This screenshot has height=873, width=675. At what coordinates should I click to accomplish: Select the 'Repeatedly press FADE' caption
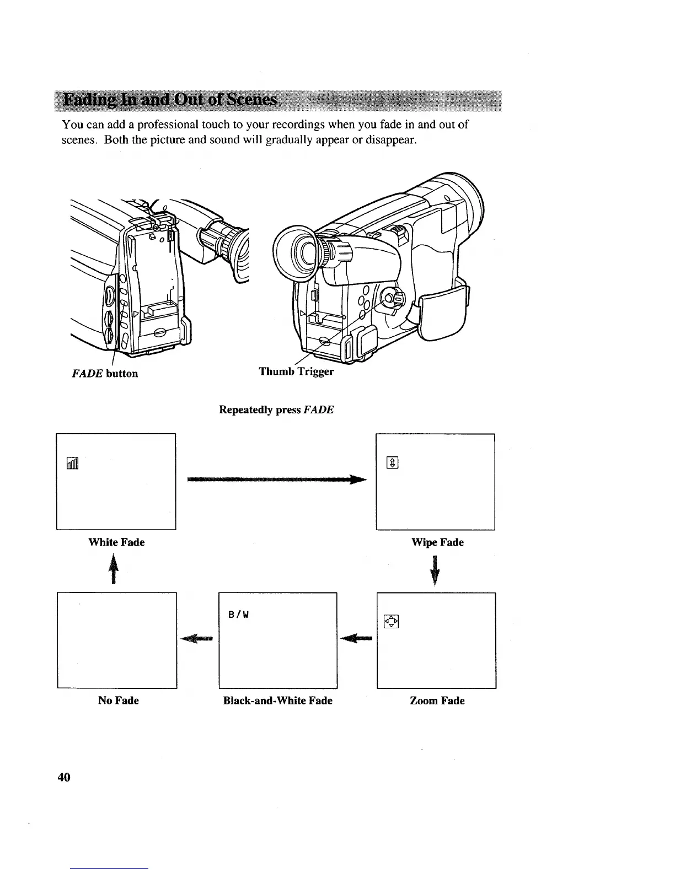(x=276, y=410)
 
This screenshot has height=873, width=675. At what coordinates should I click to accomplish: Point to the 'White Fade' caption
(x=116, y=542)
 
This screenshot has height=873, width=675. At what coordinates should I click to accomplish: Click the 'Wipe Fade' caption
(x=437, y=542)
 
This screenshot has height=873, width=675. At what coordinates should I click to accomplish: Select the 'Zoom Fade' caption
(x=437, y=700)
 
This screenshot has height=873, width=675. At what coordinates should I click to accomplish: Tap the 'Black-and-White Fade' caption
(x=277, y=700)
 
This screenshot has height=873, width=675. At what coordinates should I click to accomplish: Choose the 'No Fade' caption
(x=118, y=700)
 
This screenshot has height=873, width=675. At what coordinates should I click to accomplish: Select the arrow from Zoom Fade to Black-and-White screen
(x=357, y=639)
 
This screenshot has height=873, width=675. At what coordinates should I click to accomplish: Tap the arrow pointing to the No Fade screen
(x=197, y=639)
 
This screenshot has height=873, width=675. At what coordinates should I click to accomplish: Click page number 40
(x=64, y=778)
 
